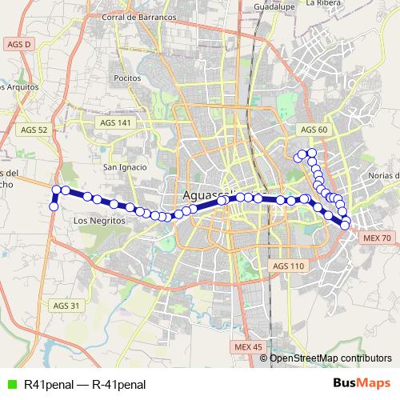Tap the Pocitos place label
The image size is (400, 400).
(127, 78)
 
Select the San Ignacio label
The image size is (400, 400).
(125, 167)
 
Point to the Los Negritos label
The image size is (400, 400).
(95, 220)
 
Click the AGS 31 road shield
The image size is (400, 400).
(66, 306)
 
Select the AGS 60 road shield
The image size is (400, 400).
(313, 130)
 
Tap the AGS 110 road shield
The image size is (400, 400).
(289, 266)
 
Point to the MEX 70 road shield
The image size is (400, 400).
(376, 238)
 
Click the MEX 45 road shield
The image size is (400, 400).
(249, 346)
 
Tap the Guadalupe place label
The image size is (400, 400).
(270, 5)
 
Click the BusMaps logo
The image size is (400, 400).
(361, 383)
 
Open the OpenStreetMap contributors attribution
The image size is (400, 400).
(330, 358)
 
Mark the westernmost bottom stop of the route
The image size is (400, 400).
(54, 206)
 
